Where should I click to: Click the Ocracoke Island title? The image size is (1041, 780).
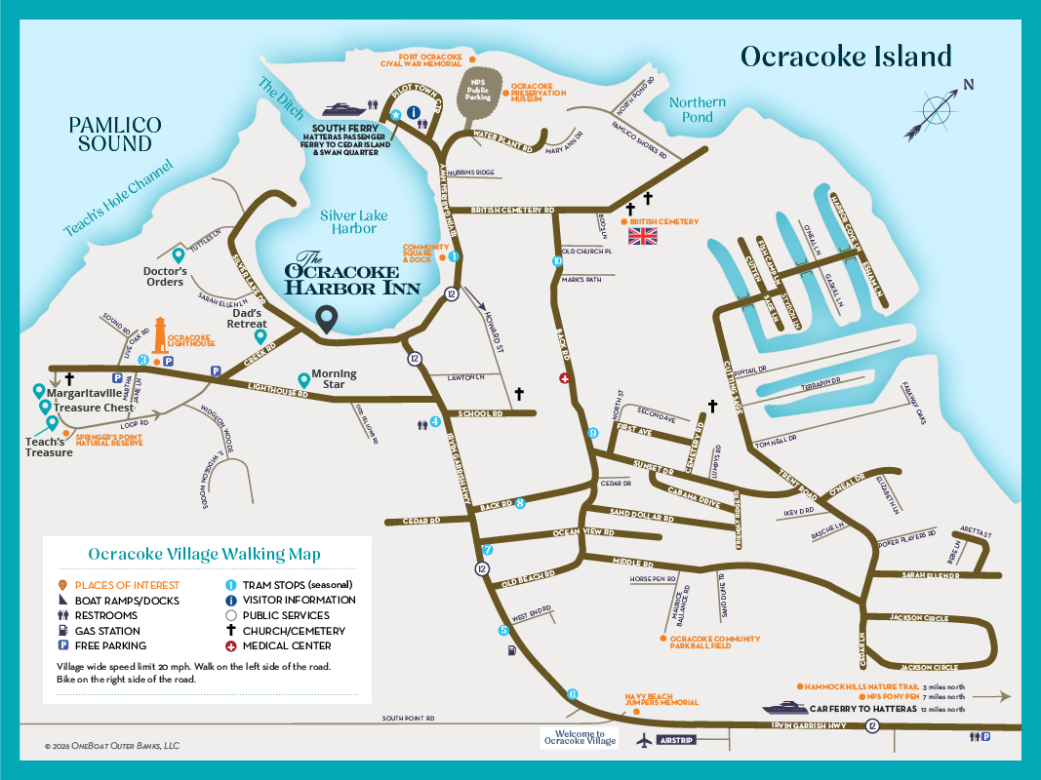845,57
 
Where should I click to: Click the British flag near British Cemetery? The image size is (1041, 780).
642,235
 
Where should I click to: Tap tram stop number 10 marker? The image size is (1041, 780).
557,261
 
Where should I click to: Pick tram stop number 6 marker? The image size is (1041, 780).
572,694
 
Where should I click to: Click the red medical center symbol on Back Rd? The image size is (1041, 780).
564,378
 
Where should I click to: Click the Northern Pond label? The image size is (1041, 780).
698,109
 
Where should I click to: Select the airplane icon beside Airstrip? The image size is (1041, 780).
643,740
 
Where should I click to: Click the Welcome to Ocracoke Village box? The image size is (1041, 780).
580,738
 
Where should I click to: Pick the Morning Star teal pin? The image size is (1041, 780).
303,380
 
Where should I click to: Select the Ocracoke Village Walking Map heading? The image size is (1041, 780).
204,554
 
